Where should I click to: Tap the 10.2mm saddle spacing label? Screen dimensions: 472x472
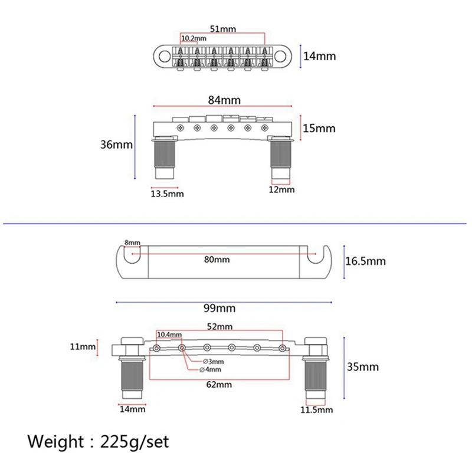click(x=194, y=38)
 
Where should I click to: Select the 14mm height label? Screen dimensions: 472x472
click(x=319, y=57)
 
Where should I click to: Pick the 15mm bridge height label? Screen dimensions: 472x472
click(x=319, y=128)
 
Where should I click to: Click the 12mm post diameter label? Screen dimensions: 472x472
click(x=281, y=190)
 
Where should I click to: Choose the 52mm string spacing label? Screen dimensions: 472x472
click(x=220, y=326)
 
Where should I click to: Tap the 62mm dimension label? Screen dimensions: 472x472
click(x=219, y=385)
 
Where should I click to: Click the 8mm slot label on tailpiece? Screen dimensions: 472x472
click(x=132, y=243)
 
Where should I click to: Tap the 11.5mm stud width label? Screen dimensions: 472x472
click(x=317, y=409)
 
